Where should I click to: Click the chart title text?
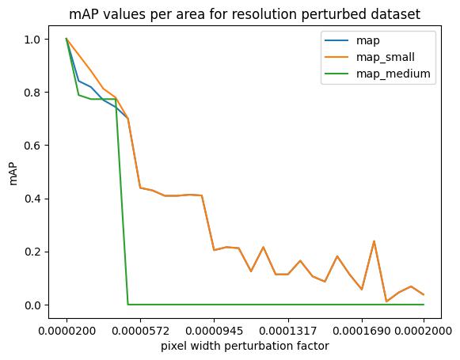(x=245, y=14)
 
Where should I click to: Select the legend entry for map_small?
(x=370, y=57)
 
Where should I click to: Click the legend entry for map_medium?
(x=378, y=74)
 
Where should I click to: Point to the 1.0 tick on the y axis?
(x=32, y=40)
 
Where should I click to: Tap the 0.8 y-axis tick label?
(x=32, y=93)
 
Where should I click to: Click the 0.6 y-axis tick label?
(x=32, y=146)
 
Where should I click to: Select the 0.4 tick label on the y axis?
(x=32, y=199)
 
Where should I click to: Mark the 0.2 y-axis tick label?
(x=32, y=252)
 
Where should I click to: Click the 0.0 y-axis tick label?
(x=32, y=305)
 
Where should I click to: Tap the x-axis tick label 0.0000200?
(x=67, y=331)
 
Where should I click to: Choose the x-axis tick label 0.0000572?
(x=140, y=331)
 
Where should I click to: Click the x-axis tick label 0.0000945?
(x=214, y=331)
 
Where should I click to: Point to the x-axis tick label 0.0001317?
(x=288, y=331)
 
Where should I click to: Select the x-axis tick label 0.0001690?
(x=362, y=331)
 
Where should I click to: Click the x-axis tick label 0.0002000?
(x=424, y=331)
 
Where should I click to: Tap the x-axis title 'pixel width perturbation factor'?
(x=245, y=347)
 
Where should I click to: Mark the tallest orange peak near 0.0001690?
(x=374, y=241)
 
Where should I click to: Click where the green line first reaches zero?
(x=128, y=305)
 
